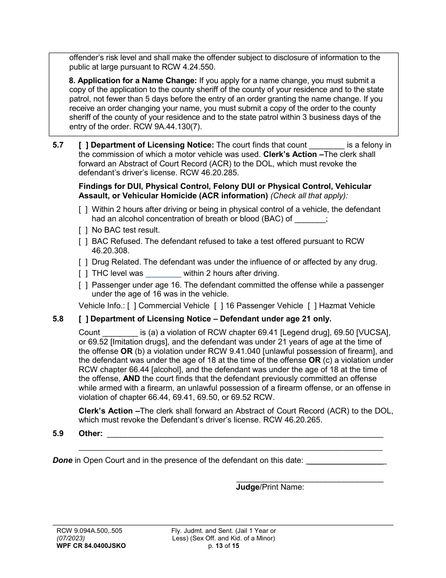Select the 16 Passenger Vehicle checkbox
point(218,306)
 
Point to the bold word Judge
point(247,487)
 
